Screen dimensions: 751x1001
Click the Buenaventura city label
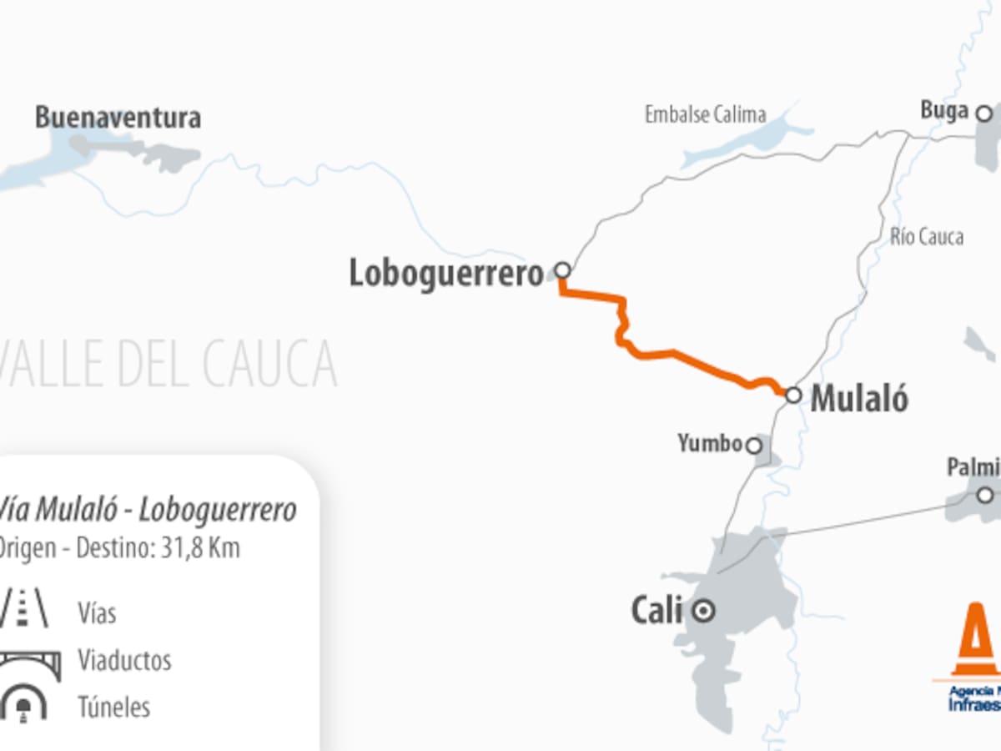coord(118,118)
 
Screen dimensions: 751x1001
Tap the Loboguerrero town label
coord(445,274)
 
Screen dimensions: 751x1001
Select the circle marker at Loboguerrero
coord(563,270)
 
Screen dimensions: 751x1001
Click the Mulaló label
coord(859,400)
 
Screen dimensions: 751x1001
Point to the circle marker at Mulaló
coord(793,395)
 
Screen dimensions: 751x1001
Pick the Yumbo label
coord(710,444)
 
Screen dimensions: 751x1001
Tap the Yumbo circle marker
coord(753,446)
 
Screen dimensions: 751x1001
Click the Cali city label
coord(656,611)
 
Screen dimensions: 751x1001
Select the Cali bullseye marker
coord(705,612)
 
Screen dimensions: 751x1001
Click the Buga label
coord(944,110)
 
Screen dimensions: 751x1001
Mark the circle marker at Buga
coord(984,113)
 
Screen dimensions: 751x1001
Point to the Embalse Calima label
coord(705,114)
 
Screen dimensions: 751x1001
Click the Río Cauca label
coord(926,237)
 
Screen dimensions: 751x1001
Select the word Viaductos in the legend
coord(124,661)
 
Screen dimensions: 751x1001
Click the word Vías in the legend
coord(97,614)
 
